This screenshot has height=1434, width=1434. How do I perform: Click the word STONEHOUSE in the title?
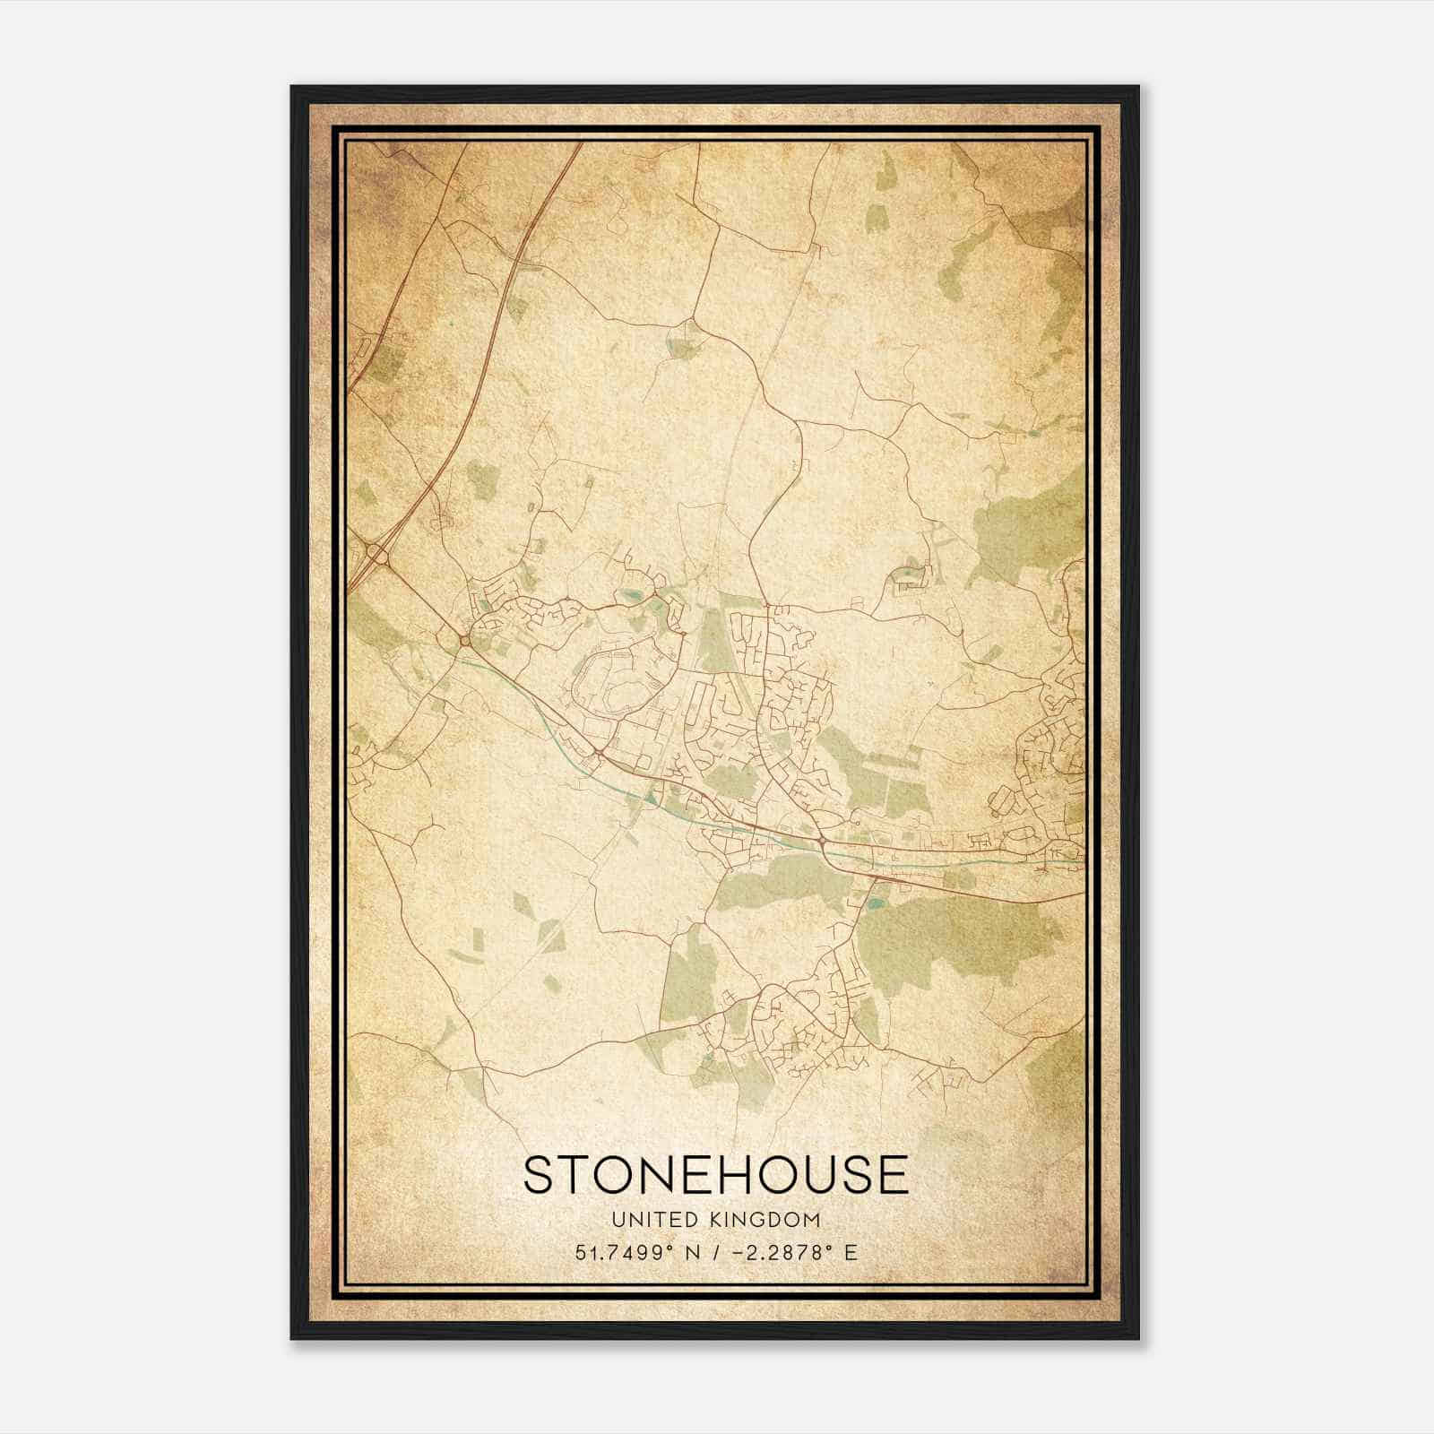pyautogui.click(x=715, y=1175)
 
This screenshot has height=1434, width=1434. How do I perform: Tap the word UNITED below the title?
pyautogui.click(x=646, y=1220)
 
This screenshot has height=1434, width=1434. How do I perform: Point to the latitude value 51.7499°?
pyautogui.click(x=625, y=1252)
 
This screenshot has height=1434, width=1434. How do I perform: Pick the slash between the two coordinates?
pyautogui.click(x=713, y=1252)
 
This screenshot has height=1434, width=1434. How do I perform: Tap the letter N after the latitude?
pyautogui.click(x=691, y=1252)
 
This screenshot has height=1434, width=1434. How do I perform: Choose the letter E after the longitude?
pyautogui.click(x=851, y=1252)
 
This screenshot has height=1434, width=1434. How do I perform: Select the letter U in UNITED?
pyautogui.click(x=618, y=1220)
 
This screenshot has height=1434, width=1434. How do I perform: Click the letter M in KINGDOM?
pyautogui.click(x=812, y=1220)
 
